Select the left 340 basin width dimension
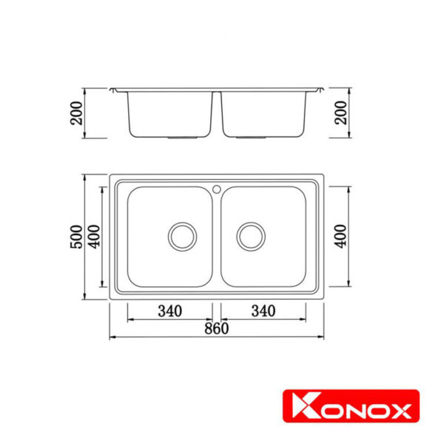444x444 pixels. click(170, 311)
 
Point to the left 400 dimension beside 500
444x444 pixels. click(94, 237)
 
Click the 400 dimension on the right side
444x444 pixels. click(340, 237)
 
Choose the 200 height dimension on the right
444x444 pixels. click(340, 114)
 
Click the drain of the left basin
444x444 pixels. click(182, 236)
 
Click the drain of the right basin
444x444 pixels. click(251, 236)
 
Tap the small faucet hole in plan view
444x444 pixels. click(217, 188)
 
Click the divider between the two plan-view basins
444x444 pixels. click(217, 237)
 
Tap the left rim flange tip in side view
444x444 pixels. click(112, 90)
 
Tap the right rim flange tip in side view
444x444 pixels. click(322, 90)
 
